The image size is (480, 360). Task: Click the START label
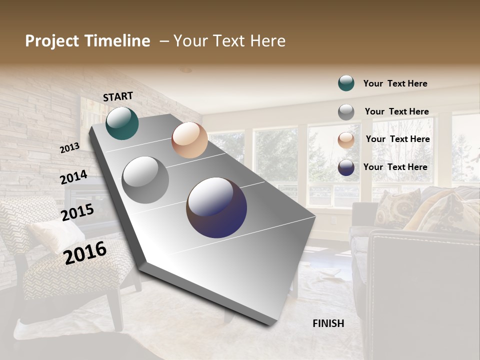pyautogui.click(x=118, y=96)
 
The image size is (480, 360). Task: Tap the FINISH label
pyautogui.click(x=328, y=323)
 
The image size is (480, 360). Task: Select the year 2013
pyautogui.click(x=69, y=148)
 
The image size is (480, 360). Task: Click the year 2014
pyautogui.click(x=73, y=177)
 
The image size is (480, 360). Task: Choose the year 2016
pyautogui.click(x=85, y=252)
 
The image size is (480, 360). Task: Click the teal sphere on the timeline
pyautogui.click(x=122, y=123)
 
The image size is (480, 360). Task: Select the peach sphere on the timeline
pyautogui.click(x=189, y=140)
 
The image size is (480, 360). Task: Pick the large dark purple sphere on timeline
pyautogui.click(x=216, y=207)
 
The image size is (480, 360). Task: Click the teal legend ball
pyautogui.click(x=346, y=83)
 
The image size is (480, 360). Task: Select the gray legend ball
pyautogui.click(x=346, y=112)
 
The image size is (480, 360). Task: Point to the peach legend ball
pyautogui.click(x=346, y=140)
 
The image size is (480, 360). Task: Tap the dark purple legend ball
pyautogui.click(x=346, y=167)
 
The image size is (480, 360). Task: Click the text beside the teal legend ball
pyautogui.click(x=395, y=83)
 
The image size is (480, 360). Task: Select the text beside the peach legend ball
pyautogui.click(x=397, y=139)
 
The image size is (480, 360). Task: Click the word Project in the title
pyautogui.click(x=52, y=41)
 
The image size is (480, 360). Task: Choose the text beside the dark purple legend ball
pyautogui.click(x=395, y=167)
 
